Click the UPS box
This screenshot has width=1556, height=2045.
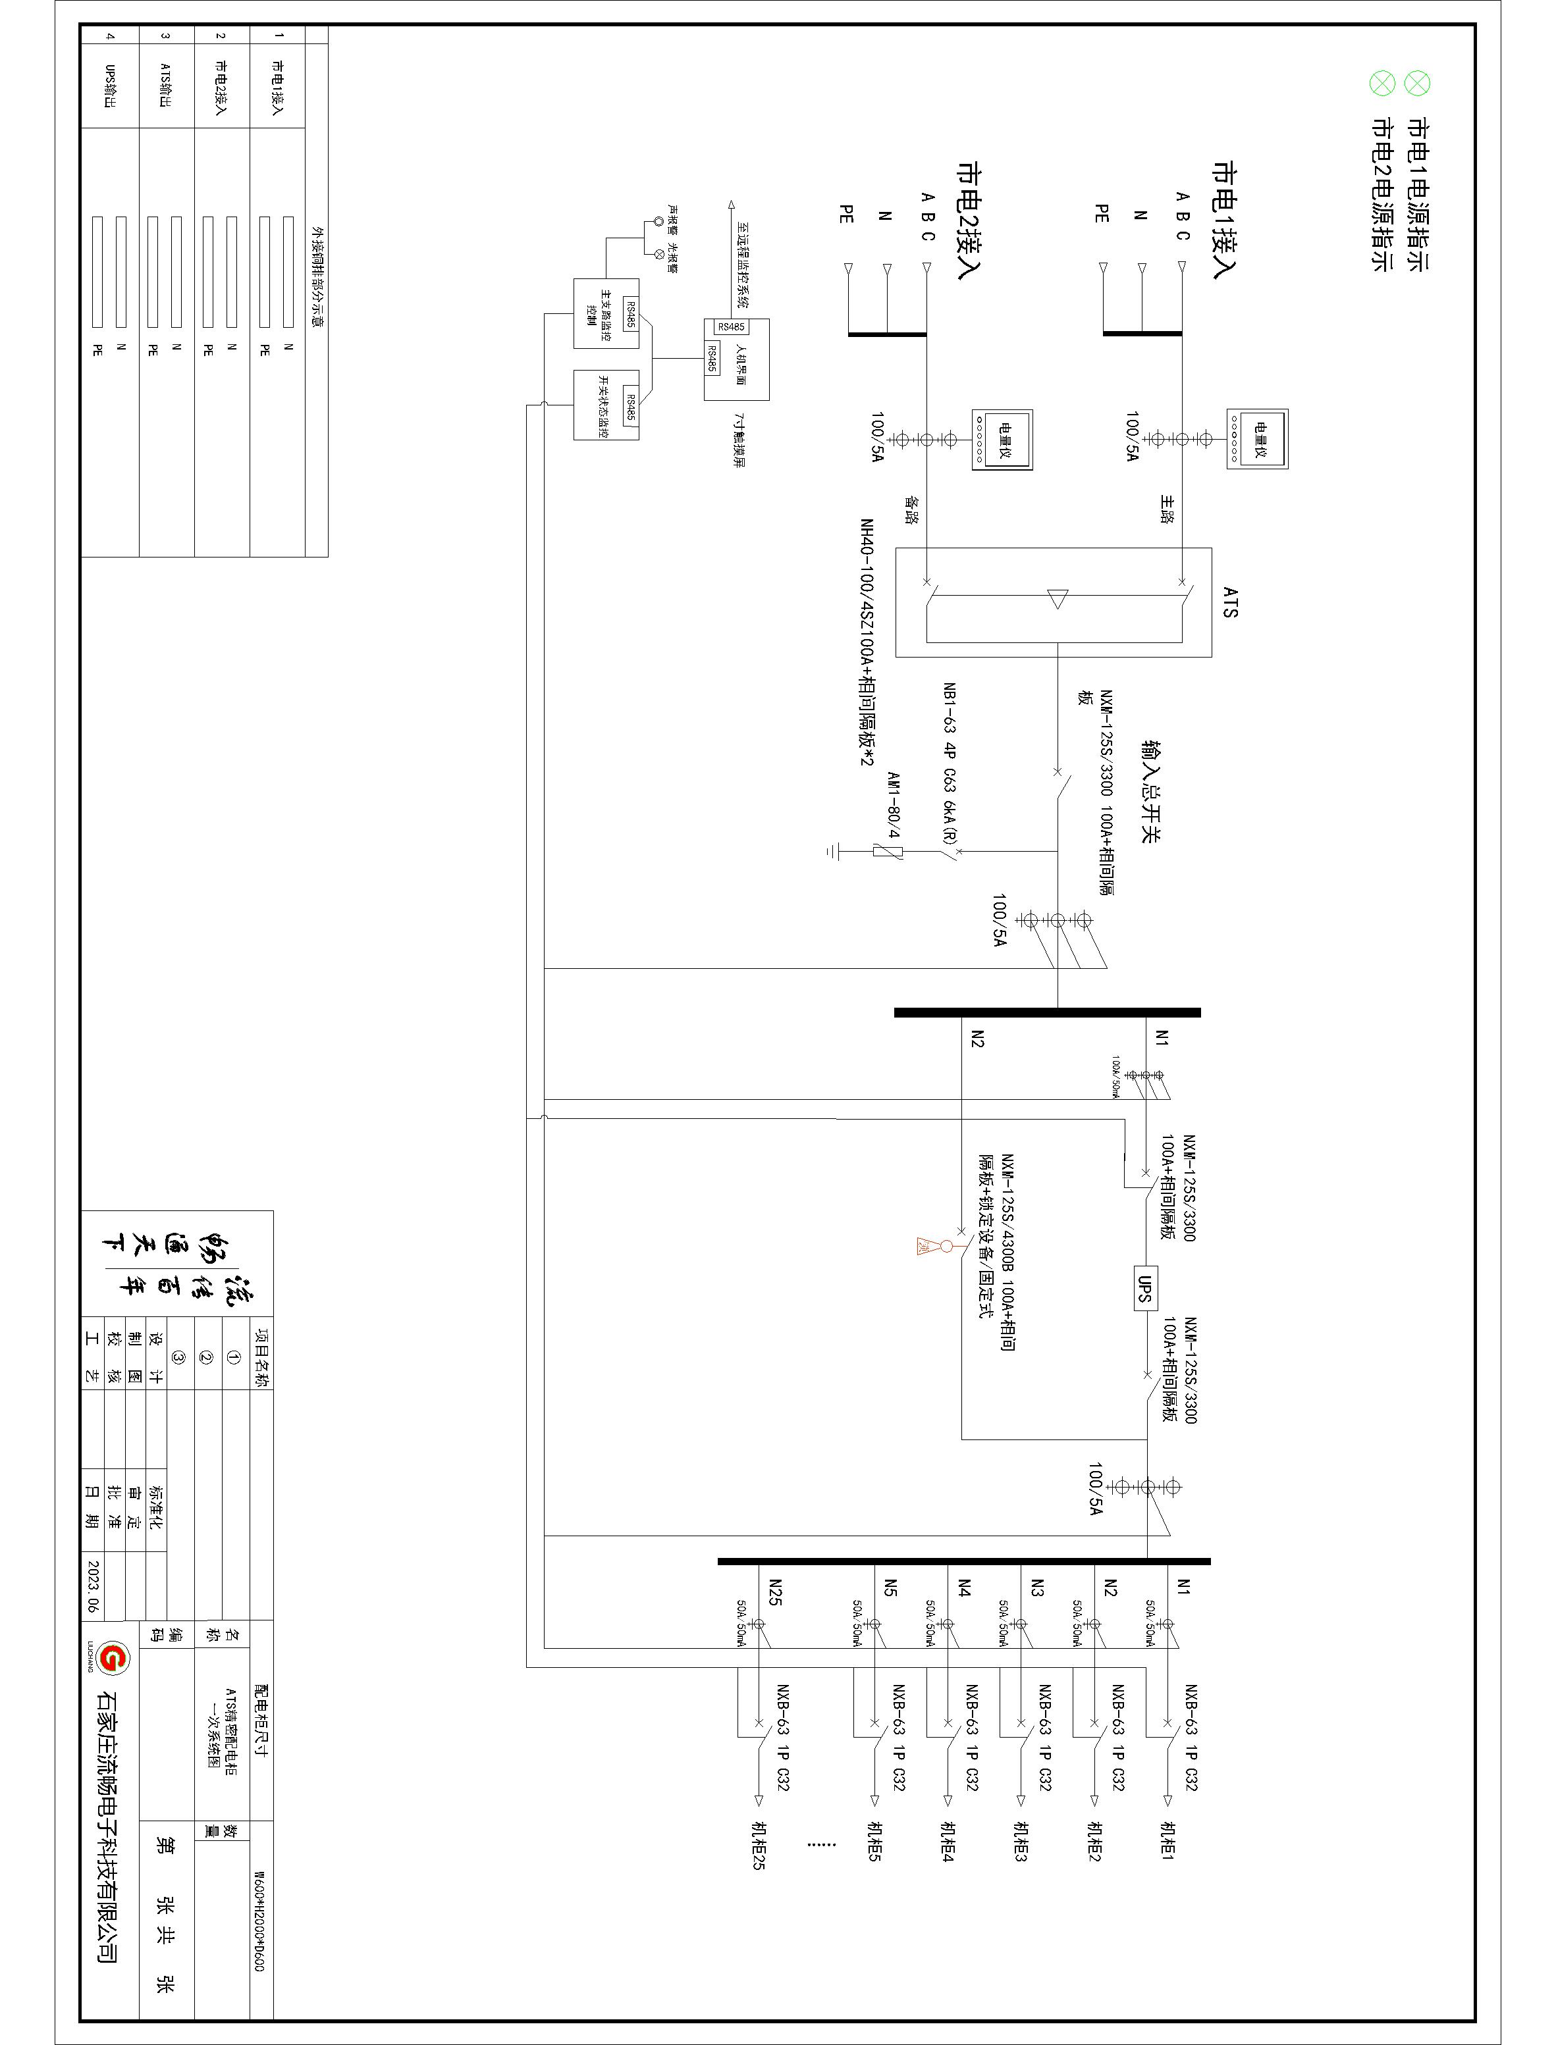tap(1143, 1286)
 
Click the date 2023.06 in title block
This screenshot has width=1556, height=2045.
tap(93, 1587)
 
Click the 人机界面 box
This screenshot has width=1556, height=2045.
tap(736, 359)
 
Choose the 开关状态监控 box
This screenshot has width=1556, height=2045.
tap(606, 405)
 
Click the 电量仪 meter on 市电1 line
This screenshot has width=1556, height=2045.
tap(1258, 438)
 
